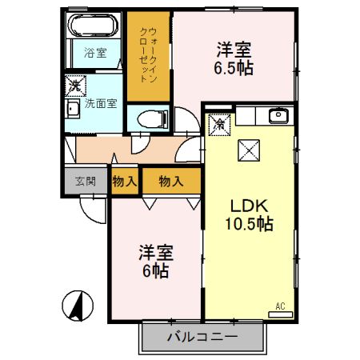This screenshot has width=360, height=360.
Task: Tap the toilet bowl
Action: (150, 118)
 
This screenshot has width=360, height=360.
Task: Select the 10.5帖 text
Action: (249, 224)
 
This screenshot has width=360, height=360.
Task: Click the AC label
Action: (280, 306)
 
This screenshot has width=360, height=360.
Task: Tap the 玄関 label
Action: (85, 181)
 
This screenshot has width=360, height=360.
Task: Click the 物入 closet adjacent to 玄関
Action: (123, 181)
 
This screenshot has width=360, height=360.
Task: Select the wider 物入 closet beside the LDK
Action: (170, 181)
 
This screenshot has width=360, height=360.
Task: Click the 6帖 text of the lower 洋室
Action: (155, 270)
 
